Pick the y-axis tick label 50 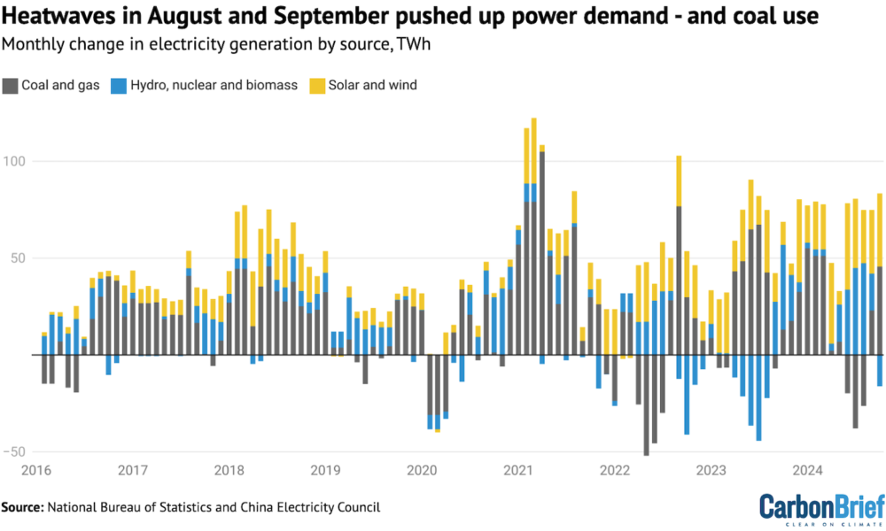[20, 258]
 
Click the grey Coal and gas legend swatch [12, 86]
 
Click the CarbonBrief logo [820, 507]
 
